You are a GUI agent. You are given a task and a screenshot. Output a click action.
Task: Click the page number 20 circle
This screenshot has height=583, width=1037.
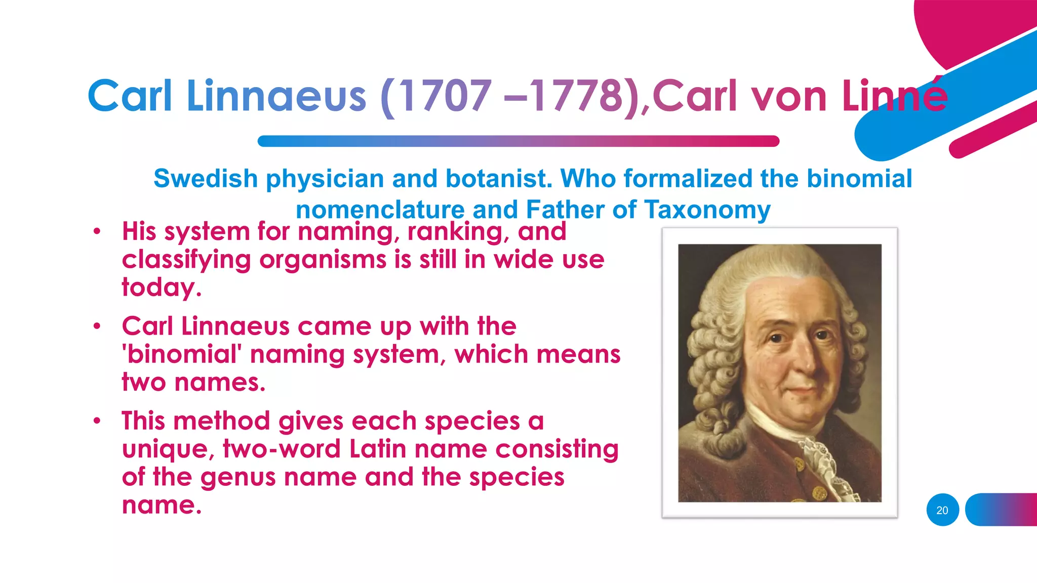point(942,510)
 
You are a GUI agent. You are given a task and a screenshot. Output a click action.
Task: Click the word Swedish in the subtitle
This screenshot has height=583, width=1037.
point(206,179)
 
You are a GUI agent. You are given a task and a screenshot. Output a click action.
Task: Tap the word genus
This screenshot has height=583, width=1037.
point(238,478)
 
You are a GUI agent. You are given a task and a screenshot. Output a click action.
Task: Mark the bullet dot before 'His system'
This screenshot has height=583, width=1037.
point(97,232)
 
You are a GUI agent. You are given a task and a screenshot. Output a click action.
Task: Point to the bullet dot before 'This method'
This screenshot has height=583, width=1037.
point(97,421)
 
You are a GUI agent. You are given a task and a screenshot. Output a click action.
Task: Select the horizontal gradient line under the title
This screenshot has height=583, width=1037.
point(518,141)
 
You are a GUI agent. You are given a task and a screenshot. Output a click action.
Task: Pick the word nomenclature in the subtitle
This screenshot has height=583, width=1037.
point(380,210)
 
